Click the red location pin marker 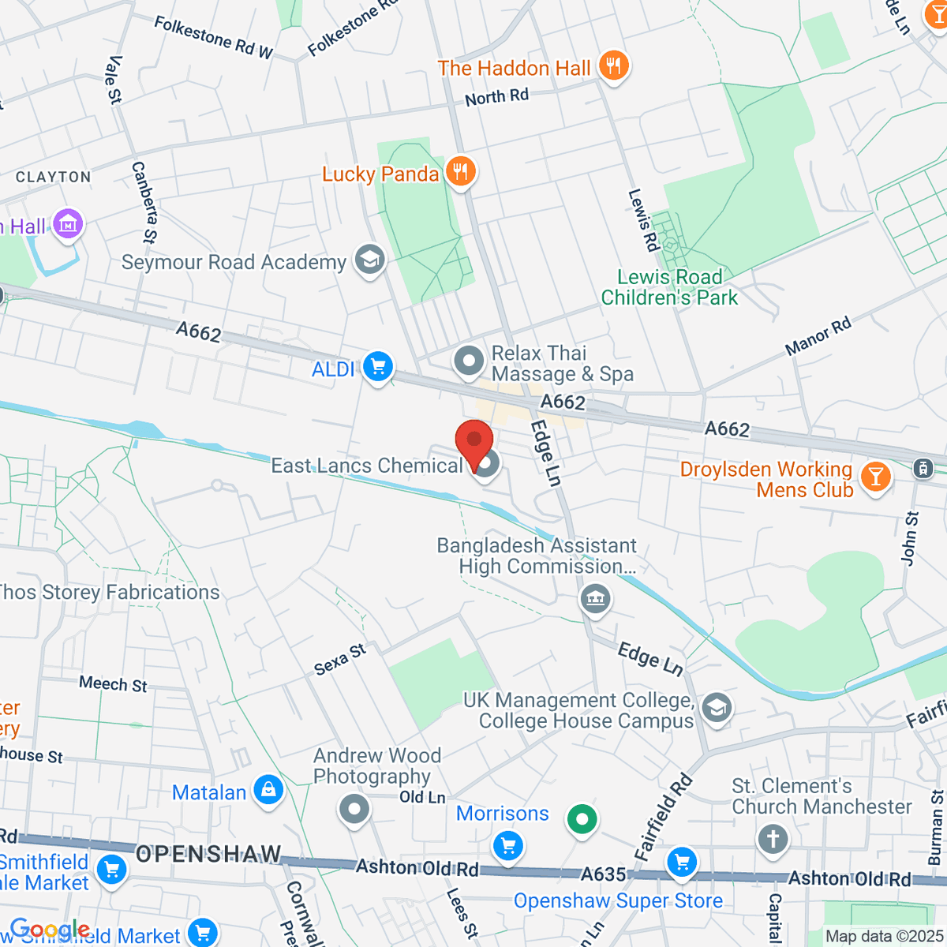coord(474,444)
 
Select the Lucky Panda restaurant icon coord(460,171)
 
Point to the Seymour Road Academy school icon coord(369,260)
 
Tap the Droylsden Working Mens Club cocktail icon coord(875,477)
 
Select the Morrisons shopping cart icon coord(507,846)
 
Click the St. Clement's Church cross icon coord(773,839)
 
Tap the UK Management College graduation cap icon coord(717,708)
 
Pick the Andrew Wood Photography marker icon coord(354,809)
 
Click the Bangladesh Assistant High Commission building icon coord(596,599)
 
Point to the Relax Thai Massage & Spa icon coord(469,361)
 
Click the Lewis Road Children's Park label coord(669,287)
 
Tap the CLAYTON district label coord(54,178)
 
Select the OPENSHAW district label coord(208,854)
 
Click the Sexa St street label coord(340,660)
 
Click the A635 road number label coord(603,874)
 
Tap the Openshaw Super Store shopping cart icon coord(682,862)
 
